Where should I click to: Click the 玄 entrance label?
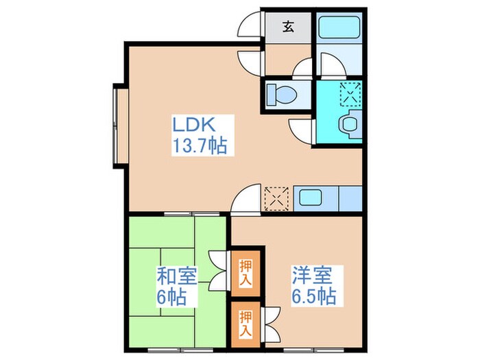[x=288, y=28]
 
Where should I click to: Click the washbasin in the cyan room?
[x=349, y=124]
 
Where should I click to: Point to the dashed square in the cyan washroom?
[x=350, y=93]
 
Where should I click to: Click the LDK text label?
[x=194, y=125]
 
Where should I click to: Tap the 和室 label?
[x=177, y=278]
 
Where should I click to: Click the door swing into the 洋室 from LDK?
[x=245, y=200]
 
